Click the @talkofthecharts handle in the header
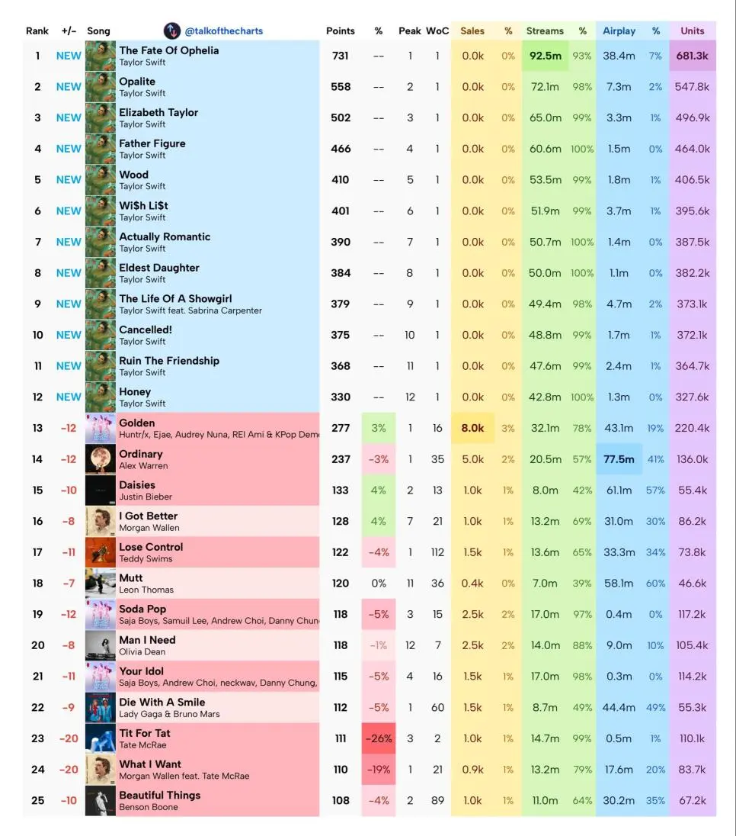coord(223,31)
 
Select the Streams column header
coord(545,31)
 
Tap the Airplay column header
coord(619,31)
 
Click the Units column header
coord(692,31)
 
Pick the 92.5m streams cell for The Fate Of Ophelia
coord(546,56)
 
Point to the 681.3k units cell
coord(692,56)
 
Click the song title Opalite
coord(137,82)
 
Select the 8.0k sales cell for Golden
coord(472,428)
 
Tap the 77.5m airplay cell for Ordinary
coord(619,459)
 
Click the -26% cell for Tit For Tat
coord(379,738)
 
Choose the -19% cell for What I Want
coord(379,770)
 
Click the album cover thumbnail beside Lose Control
coord(101,552)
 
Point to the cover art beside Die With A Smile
coord(101,707)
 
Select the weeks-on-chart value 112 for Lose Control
coord(437,552)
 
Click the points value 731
coord(341,56)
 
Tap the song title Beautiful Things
coord(160,795)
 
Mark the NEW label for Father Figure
coord(69,149)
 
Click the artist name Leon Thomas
coord(146,590)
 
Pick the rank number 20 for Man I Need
coord(37,645)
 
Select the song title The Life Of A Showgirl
coord(175,299)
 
